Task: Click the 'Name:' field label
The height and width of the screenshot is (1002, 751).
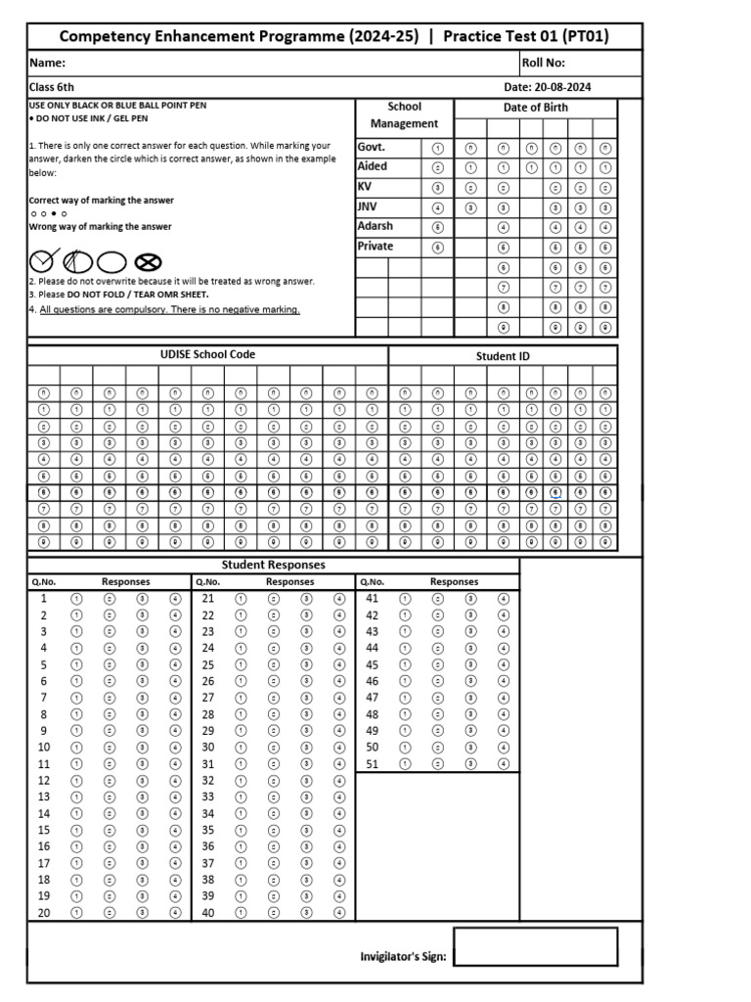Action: click(x=47, y=63)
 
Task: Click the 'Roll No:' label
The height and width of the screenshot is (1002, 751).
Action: click(x=544, y=63)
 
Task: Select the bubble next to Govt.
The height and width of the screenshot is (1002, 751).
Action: click(x=437, y=148)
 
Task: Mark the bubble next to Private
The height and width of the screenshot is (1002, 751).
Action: click(x=437, y=248)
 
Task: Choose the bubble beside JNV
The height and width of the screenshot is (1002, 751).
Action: click(x=437, y=207)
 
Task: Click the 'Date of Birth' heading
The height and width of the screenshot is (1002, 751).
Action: click(x=535, y=108)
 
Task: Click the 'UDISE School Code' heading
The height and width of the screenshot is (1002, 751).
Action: click(x=207, y=354)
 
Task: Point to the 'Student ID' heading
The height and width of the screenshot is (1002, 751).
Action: click(x=503, y=356)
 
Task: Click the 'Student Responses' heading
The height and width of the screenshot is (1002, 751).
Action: click(x=273, y=565)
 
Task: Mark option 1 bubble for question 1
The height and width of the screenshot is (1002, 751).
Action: click(x=77, y=598)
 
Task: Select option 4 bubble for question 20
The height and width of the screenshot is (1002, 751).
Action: click(x=175, y=912)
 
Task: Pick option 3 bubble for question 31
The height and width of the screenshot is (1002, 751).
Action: click(x=306, y=763)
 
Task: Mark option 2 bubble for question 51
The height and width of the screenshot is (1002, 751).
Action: click(x=438, y=763)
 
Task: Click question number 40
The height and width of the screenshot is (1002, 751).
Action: click(x=207, y=912)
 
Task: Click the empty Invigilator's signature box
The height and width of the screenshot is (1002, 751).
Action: click(x=535, y=946)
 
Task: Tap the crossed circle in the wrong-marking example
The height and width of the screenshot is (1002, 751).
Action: click(x=148, y=261)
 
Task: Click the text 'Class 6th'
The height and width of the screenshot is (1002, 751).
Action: click(x=51, y=87)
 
